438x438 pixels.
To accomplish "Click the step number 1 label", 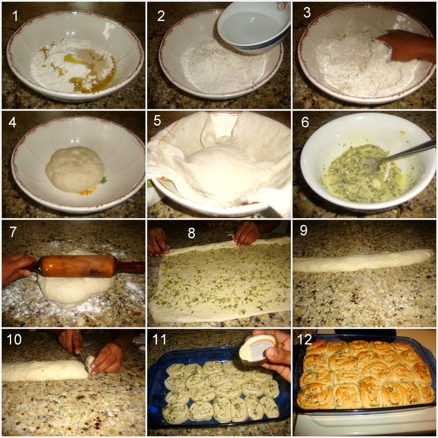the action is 15,16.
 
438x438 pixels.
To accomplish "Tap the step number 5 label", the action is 157,120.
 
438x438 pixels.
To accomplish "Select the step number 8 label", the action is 191,233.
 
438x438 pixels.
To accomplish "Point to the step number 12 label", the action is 304,339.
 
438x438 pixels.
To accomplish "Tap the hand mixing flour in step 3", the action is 405,46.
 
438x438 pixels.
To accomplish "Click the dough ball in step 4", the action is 75,169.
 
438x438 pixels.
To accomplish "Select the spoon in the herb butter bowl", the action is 396,157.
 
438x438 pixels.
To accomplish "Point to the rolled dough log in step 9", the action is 363,261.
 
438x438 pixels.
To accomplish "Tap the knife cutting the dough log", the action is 83,364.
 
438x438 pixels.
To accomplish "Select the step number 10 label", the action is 14,339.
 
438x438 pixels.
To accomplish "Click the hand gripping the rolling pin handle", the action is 17,269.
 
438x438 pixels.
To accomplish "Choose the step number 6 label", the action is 305,122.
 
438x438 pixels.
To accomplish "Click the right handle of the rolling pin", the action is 131,266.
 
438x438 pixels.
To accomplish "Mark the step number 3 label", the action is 307,13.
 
